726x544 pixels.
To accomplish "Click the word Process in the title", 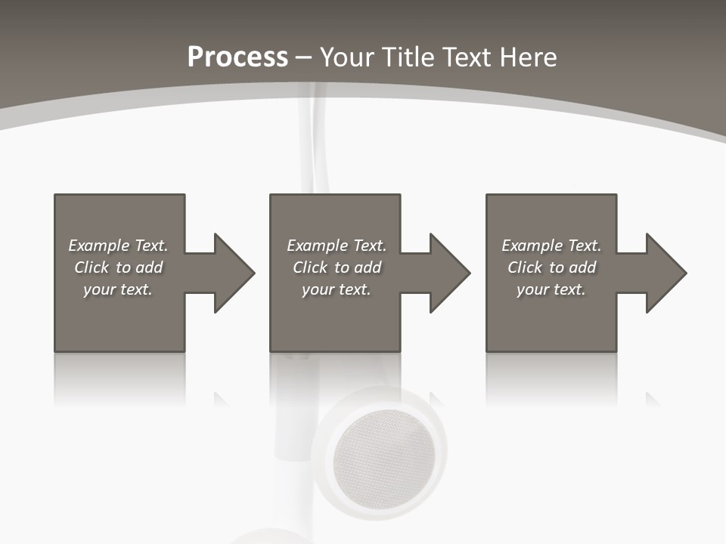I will point(237,57).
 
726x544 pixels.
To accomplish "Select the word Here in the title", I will point(527,57).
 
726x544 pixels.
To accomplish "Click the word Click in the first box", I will point(92,267).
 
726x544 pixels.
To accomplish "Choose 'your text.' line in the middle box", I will point(337,289).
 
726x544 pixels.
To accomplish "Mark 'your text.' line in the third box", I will point(551,289).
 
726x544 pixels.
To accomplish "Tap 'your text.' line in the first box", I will point(118,289).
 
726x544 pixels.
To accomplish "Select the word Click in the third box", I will point(525,267).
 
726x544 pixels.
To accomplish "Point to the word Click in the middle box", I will point(310,267).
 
